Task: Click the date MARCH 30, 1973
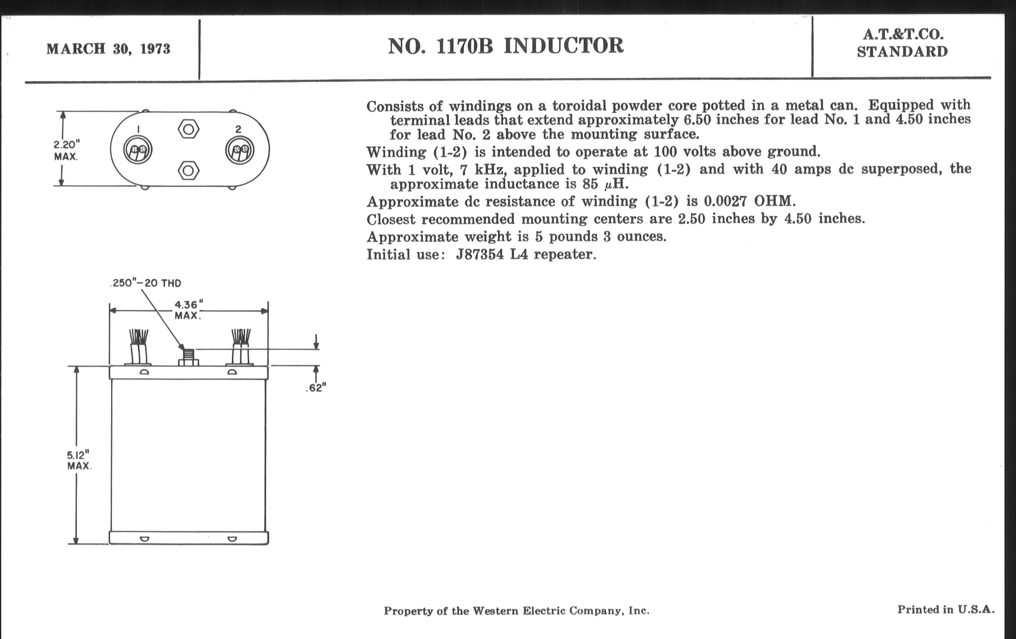coord(108,49)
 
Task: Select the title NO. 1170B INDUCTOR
coord(505,46)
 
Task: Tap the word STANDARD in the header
coord(902,52)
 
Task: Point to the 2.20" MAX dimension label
coord(66,150)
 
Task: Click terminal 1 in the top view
coord(138,150)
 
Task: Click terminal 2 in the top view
coord(240,150)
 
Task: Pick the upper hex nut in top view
coord(188,129)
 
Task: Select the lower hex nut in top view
coord(188,171)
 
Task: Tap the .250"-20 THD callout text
coord(146,283)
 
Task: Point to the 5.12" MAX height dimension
coord(79,460)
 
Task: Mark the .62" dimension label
coord(316,388)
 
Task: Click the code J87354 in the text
coord(480,254)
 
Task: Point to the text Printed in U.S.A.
coord(945,609)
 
